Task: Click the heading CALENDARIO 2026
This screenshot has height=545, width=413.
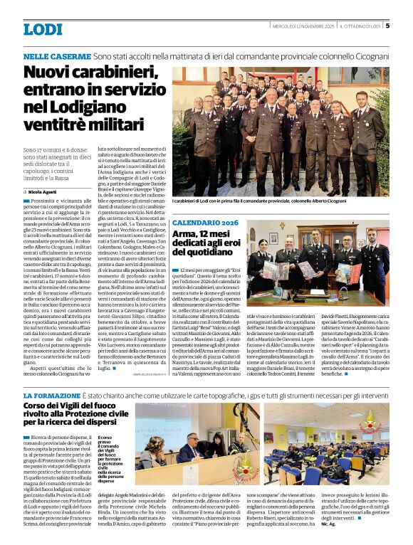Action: click(x=205, y=223)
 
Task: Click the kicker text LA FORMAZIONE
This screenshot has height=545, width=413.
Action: click(x=51, y=395)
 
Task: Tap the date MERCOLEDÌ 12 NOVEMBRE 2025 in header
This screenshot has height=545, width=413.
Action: click(x=303, y=26)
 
